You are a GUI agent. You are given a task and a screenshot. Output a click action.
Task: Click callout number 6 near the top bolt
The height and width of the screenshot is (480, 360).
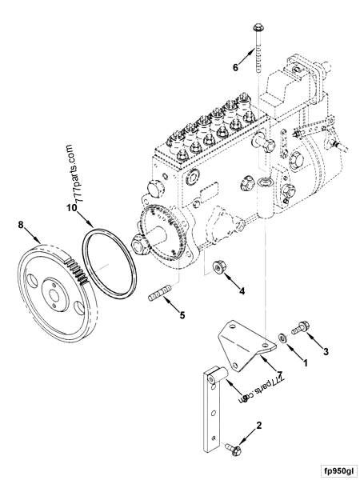point(235,67)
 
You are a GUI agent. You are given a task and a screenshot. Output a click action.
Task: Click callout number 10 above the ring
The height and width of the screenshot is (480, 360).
point(70,207)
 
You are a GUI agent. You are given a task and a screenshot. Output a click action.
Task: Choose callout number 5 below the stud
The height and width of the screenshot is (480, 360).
point(182,316)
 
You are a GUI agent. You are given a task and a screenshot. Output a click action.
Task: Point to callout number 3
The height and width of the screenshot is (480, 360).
point(326,350)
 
